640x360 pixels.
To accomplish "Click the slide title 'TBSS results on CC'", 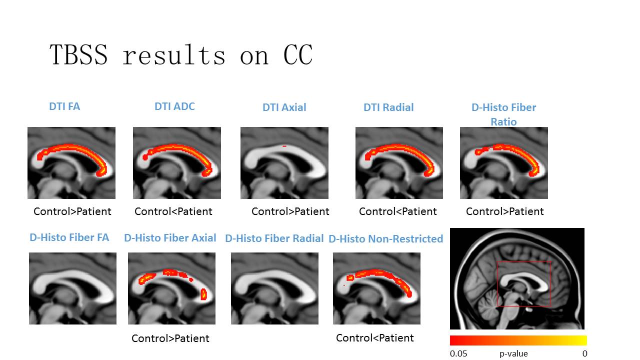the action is point(181,54).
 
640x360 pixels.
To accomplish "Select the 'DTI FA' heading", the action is point(64,106).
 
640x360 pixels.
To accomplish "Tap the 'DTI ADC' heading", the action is point(174,106).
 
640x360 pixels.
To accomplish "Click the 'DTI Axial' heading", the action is point(284,107).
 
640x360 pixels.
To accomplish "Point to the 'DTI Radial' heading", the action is point(388,107).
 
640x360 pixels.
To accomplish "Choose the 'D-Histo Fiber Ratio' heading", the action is point(503,114).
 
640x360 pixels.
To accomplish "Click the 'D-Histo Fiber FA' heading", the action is point(69,237).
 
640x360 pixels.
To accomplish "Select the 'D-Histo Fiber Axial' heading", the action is point(170,238).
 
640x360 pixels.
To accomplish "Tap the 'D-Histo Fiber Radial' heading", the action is point(274,238).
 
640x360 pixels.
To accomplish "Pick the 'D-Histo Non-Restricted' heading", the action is point(385,239).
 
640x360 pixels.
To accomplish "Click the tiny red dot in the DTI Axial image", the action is point(284,146).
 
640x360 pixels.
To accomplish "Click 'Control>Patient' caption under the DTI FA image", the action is point(72,211).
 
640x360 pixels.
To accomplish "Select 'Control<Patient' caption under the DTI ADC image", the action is point(173,211).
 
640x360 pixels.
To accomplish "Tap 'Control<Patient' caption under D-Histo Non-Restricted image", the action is point(375,338).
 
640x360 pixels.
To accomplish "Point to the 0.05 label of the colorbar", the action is point(458,353).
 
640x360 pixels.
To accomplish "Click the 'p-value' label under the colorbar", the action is point(513,353).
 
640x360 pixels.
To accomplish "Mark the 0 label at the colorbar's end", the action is point(585,353).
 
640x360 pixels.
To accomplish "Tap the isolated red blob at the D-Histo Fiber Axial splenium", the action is point(203,294).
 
